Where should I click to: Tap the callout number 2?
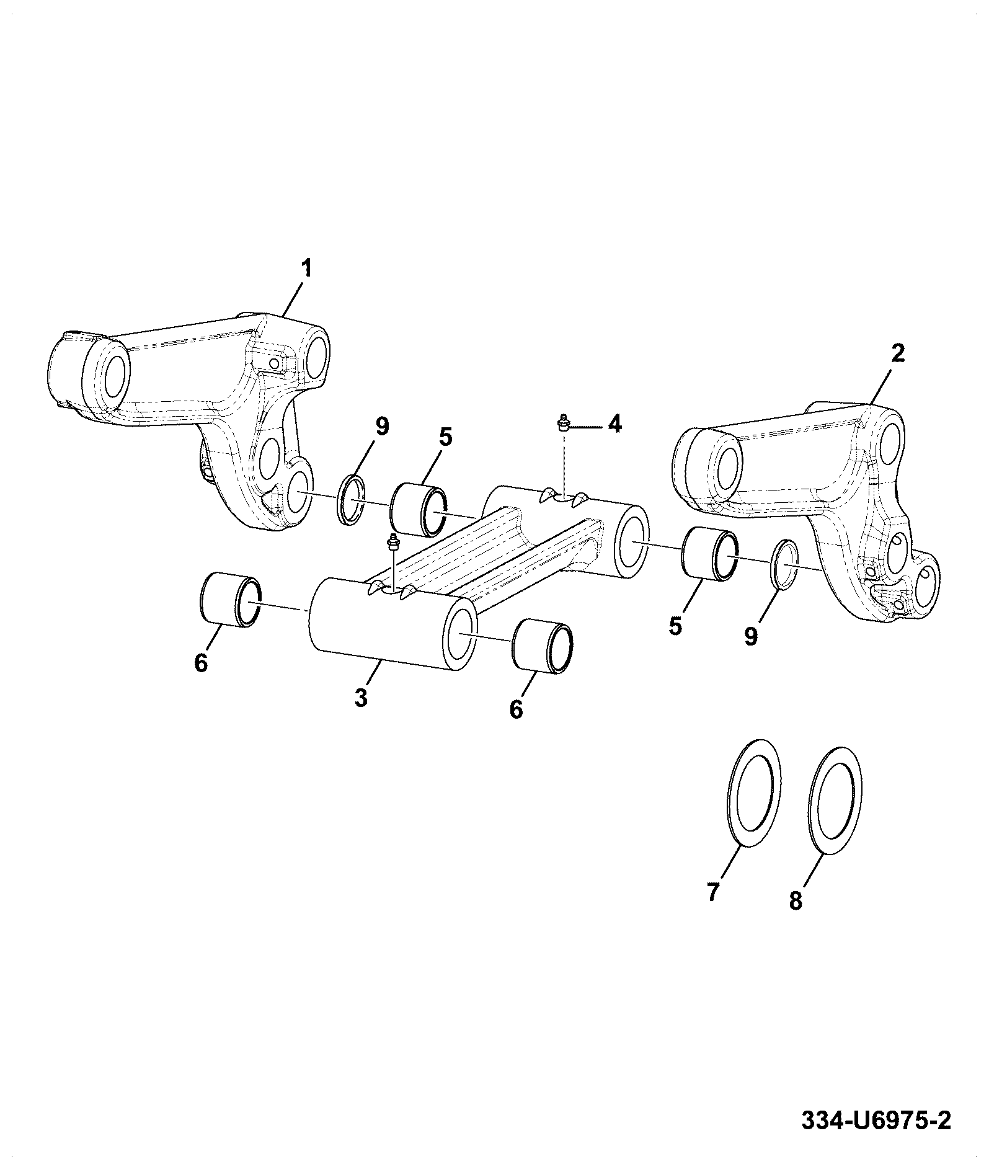tap(897, 353)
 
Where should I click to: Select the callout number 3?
tap(361, 697)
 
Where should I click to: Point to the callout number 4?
tap(614, 424)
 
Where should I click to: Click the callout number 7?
tap(712, 892)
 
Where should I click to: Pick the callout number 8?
tap(796, 900)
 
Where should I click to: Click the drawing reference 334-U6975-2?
tap(876, 1121)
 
